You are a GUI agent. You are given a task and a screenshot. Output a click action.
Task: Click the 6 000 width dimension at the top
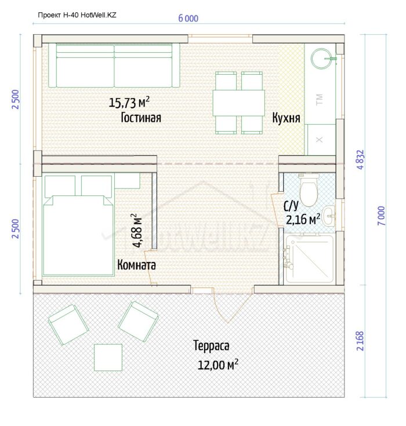click(x=188, y=19)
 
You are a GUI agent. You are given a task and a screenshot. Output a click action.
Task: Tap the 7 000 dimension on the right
click(x=381, y=216)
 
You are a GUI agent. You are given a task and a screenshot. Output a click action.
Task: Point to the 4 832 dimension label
click(x=360, y=160)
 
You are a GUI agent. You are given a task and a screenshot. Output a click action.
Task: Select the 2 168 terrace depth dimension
click(x=360, y=341)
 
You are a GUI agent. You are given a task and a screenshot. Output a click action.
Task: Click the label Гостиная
click(x=141, y=118)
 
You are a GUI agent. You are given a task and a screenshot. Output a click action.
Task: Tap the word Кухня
click(x=286, y=118)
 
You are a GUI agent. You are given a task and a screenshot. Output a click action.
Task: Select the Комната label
click(x=136, y=265)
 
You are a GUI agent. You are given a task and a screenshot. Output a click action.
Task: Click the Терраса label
click(x=211, y=346)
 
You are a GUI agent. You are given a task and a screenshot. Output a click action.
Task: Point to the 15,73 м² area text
click(x=129, y=102)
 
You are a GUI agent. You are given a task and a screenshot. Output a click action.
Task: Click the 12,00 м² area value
click(x=218, y=365)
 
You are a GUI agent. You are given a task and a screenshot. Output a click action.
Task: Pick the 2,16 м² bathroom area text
click(x=303, y=219)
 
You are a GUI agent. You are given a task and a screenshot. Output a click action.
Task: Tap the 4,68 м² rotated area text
click(x=137, y=231)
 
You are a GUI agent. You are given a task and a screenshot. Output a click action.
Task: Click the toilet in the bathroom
click(x=309, y=190)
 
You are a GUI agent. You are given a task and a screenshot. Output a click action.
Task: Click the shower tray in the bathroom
click(x=308, y=259)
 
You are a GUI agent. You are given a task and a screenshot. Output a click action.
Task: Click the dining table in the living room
click(x=239, y=103)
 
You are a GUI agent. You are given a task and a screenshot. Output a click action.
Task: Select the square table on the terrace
click(x=108, y=358)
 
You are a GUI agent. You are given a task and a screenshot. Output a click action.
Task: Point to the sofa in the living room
click(x=114, y=65)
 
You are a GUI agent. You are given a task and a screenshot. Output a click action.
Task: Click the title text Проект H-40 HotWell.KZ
click(x=77, y=15)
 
